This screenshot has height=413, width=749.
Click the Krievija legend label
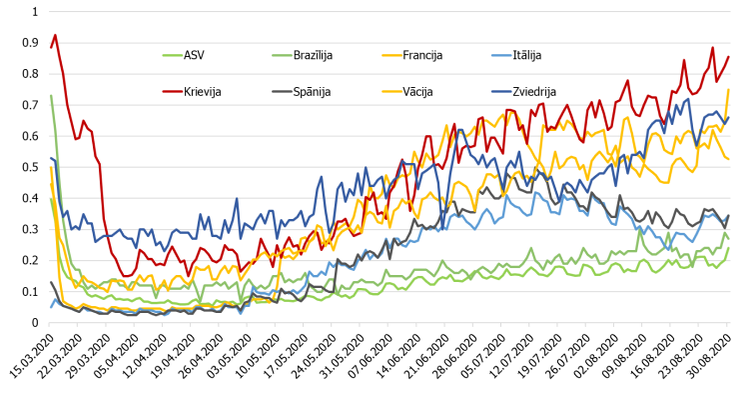click(202, 91)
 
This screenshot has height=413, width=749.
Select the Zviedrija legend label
click(534, 91)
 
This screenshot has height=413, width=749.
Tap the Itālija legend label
click(527, 55)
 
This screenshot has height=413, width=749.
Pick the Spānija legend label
click(312, 91)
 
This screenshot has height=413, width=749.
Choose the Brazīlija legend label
click(313, 55)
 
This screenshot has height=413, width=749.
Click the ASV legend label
click(194, 55)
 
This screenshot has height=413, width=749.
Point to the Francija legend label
click(422, 55)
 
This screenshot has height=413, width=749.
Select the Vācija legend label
click(417, 91)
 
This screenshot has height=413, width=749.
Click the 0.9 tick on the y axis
click(30, 43)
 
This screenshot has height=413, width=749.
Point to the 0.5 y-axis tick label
click(30, 167)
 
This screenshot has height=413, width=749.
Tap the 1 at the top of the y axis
click(35, 11)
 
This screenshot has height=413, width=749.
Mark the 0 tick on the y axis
click(35, 323)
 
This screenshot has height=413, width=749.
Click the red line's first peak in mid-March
click(55, 35)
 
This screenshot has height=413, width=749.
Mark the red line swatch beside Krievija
click(173, 91)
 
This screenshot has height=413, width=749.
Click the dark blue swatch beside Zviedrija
click(501, 91)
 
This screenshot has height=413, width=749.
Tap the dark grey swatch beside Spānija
click(282, 91)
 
